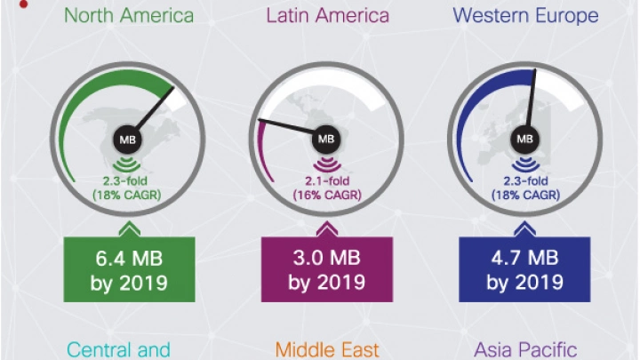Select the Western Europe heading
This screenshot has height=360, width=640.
click(x=524, y=15)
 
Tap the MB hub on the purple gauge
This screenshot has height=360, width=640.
click(x=325, y=139)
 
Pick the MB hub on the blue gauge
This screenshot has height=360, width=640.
click(x=524, y=139)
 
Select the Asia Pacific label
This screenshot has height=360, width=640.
click(x=524, y=348)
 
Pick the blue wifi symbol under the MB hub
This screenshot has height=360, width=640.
click(x=524, y=163)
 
